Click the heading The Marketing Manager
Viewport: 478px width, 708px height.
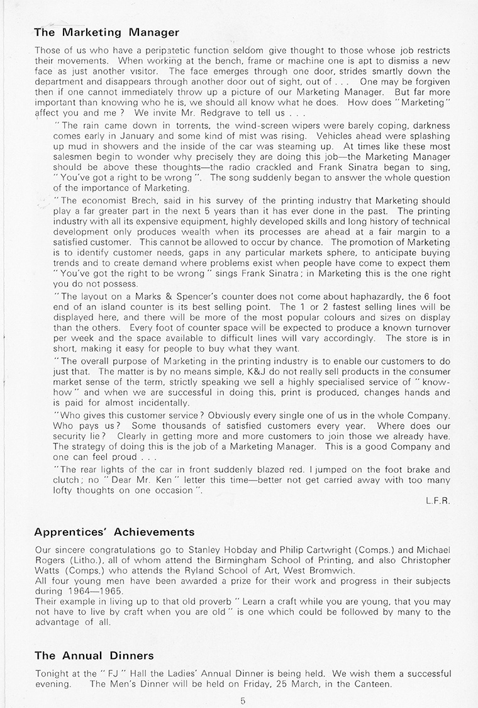(106, 31)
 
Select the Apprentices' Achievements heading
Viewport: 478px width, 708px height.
(114, 532)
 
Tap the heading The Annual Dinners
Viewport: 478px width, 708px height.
(94, 655)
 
